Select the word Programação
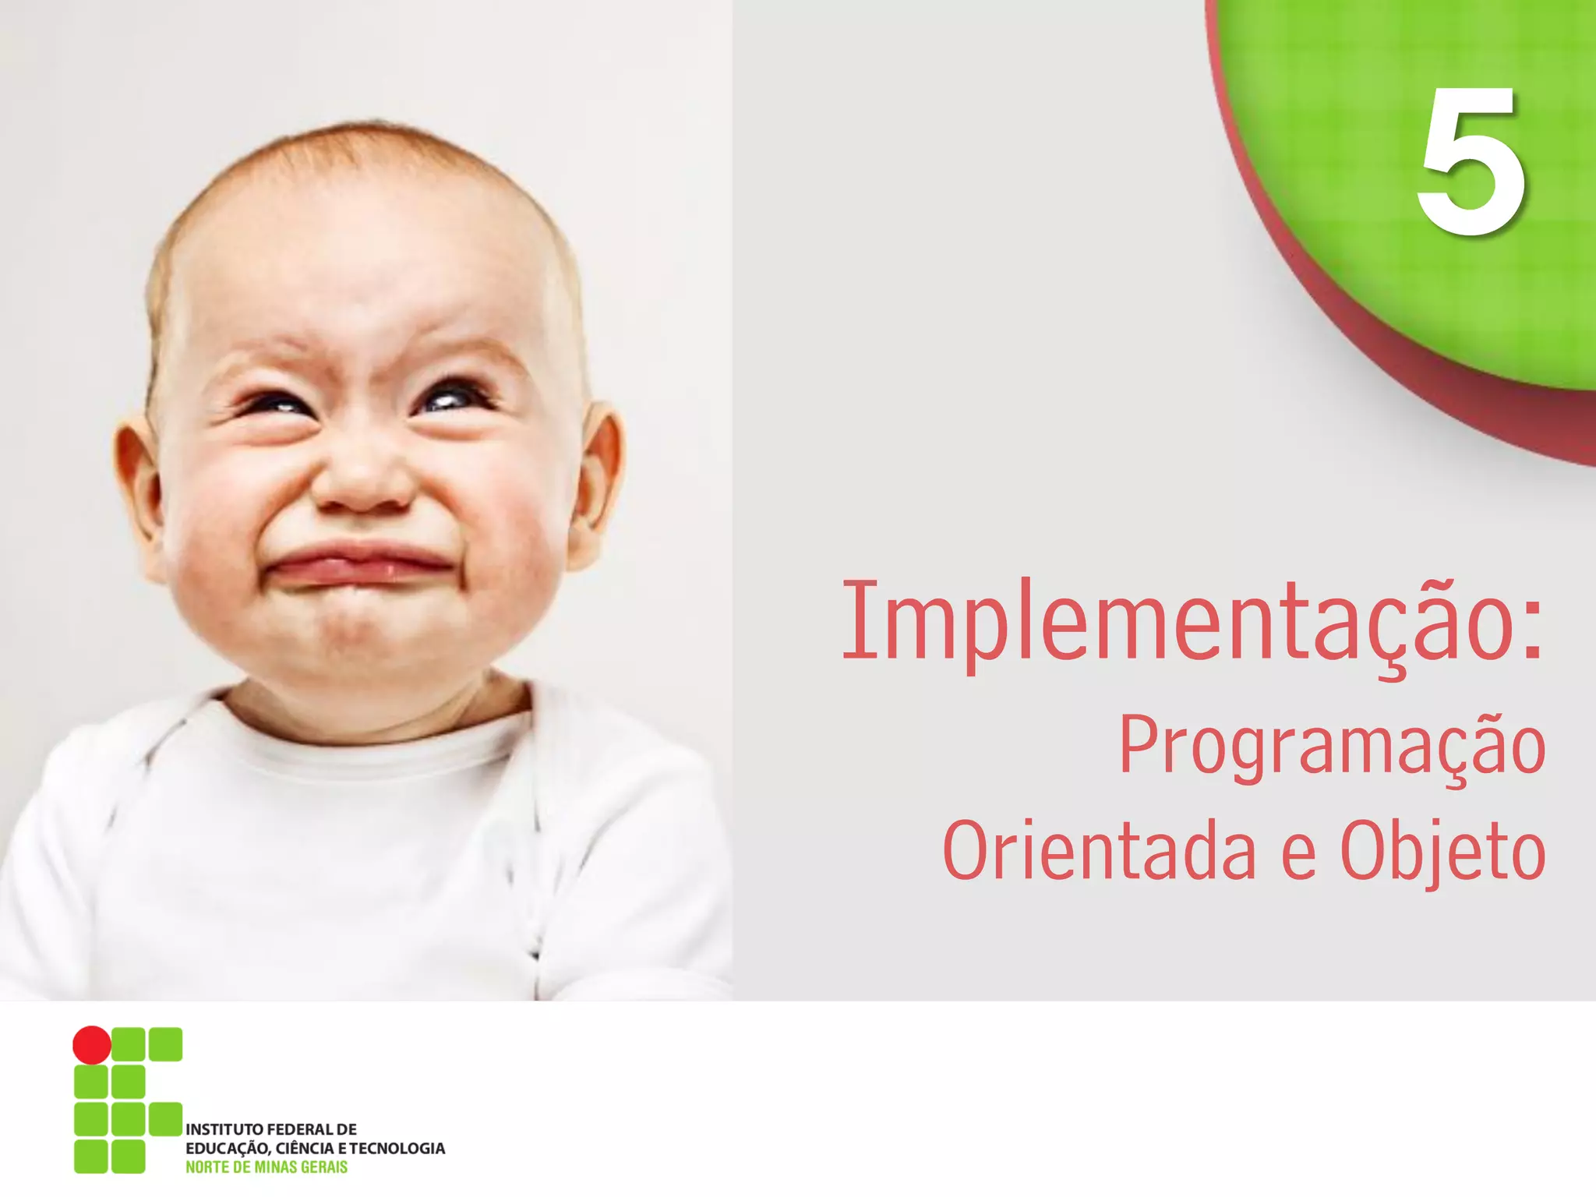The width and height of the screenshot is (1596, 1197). point(1333,746)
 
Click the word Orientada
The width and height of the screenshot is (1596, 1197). point(1099,851)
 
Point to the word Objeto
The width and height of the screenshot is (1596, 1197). point(1442,851)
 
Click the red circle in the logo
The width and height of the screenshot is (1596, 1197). point(92,1044)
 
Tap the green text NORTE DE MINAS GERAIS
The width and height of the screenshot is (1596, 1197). point(267,1167)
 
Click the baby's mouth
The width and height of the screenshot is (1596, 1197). point(358,565)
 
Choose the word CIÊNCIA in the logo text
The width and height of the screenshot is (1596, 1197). point(305,1148)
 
